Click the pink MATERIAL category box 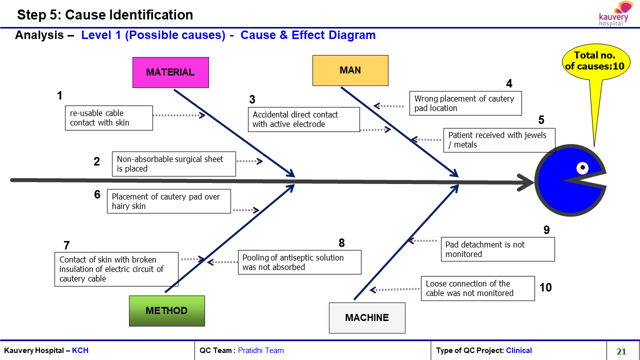[x=170, y=72]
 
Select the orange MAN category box [x=350, y=70]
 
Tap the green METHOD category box [x=167, y=311]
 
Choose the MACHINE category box [x=367, y=317]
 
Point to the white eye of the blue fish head [x=582, y=168]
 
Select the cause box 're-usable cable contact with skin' [x=109, y=118]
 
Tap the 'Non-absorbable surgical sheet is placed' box [x=174, y=163]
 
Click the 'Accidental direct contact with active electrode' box [x=303, y=119]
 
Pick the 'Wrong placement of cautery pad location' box [x=465, y=103]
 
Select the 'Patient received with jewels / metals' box [x=499, y=140]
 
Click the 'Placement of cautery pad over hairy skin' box [x=169, y=201]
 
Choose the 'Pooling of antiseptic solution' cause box [x=299, y=262]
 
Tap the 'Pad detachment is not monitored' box [x=498, y=249]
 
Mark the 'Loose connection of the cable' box [x=478, y=288]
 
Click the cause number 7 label [x=66, y=245]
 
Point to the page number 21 [x=621, y=351]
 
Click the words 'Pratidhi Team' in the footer [x=261, y=350]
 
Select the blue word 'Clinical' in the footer [x=519, y=350]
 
